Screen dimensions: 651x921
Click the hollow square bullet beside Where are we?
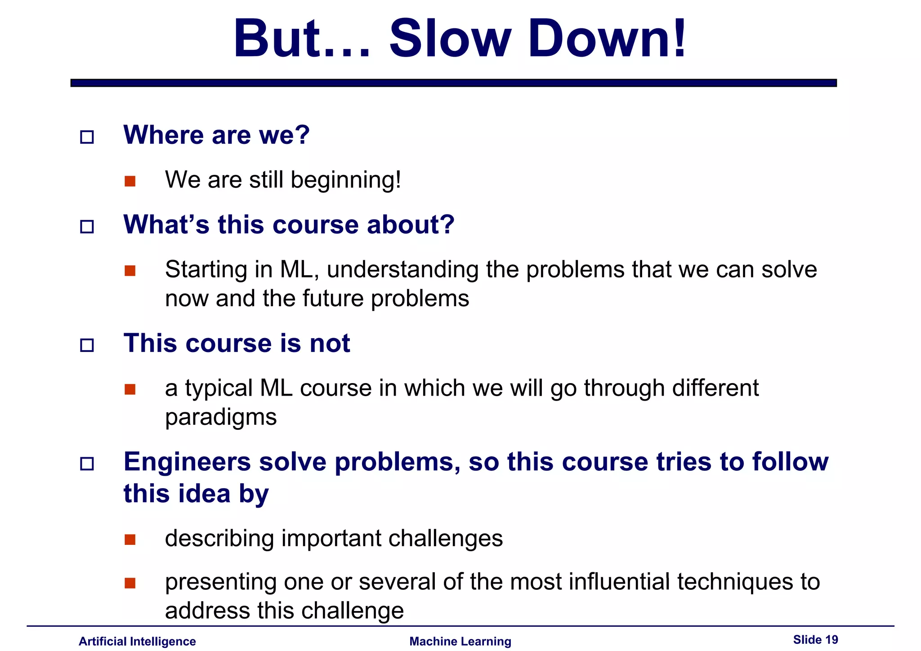tap(87, 137)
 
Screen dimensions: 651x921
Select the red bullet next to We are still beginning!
tap(130, 181)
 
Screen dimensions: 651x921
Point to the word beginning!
tap(345, 180)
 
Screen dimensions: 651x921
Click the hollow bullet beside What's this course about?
tap(87, 227)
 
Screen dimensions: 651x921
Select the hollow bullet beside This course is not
tap(87, 345)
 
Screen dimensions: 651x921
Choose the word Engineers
tap(187, 462)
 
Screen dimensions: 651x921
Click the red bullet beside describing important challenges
tap(130, 540)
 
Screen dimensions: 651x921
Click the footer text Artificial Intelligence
tap(137, 641)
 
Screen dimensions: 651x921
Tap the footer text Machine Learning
tap(460, 641)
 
